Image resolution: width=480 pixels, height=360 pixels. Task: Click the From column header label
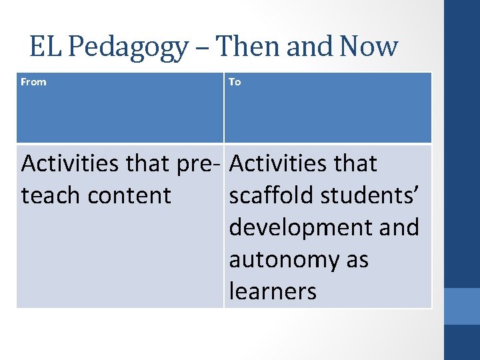[34, 82]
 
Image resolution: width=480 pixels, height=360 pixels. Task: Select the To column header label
[235, 82]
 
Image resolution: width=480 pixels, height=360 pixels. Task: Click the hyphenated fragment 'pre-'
[198, 164]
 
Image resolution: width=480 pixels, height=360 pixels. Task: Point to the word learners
[273, 291]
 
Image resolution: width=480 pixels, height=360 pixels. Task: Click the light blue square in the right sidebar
[462, 306]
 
